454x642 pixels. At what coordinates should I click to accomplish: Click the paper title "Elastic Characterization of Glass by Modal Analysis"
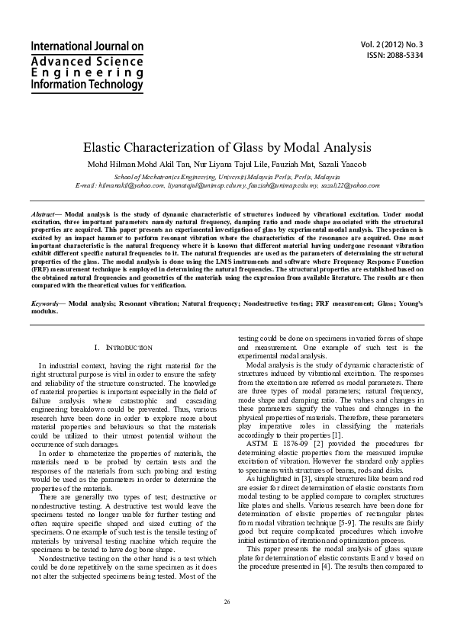tap(226, 147)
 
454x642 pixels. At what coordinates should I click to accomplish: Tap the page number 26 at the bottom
tap(227, 602)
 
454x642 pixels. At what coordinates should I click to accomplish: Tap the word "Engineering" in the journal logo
tap(76, 72)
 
